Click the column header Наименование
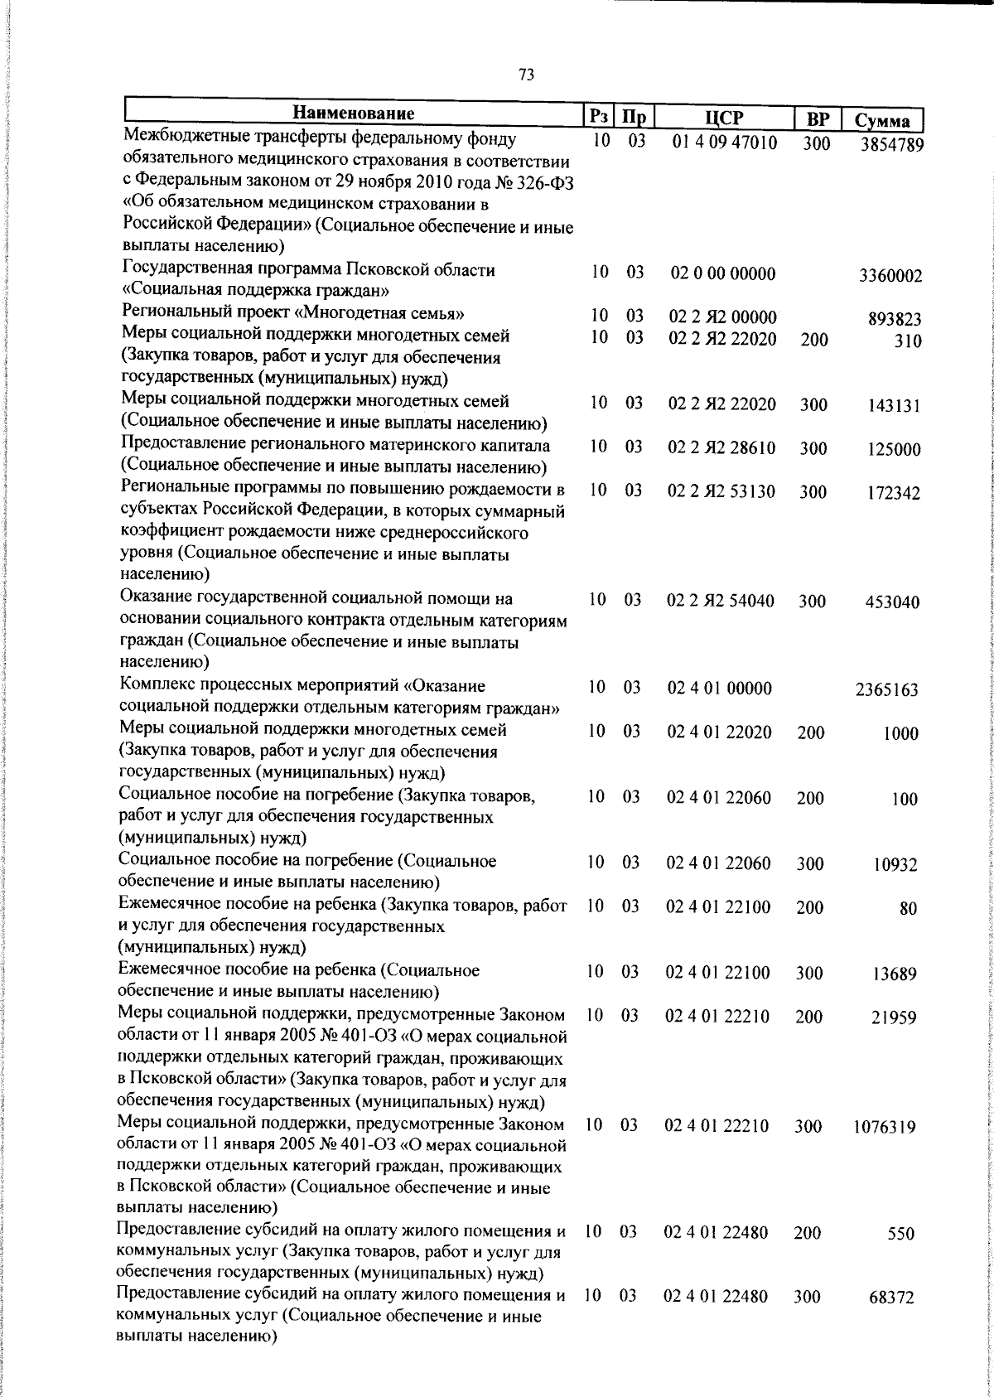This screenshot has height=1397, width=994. pyautogui.click(x=354, y=114)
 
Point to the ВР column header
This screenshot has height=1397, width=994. pyautogui.click(x=817, y=118)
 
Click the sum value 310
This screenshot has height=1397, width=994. pyautogui.click(x=908, y=341)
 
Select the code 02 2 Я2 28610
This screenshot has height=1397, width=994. pyautogui.click(x=721, y=448)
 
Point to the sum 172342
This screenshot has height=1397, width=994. pyautogui.click(x=894, y=494)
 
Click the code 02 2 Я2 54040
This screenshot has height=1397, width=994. pyautogui.click(x=721, y=601)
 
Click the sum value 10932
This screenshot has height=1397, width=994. pyautogui.click(x=895, y=866)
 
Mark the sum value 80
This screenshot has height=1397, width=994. pyautogui.click(x=908, y=909)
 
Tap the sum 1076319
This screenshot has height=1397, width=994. pyautogui.click(x=885, y=1128)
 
